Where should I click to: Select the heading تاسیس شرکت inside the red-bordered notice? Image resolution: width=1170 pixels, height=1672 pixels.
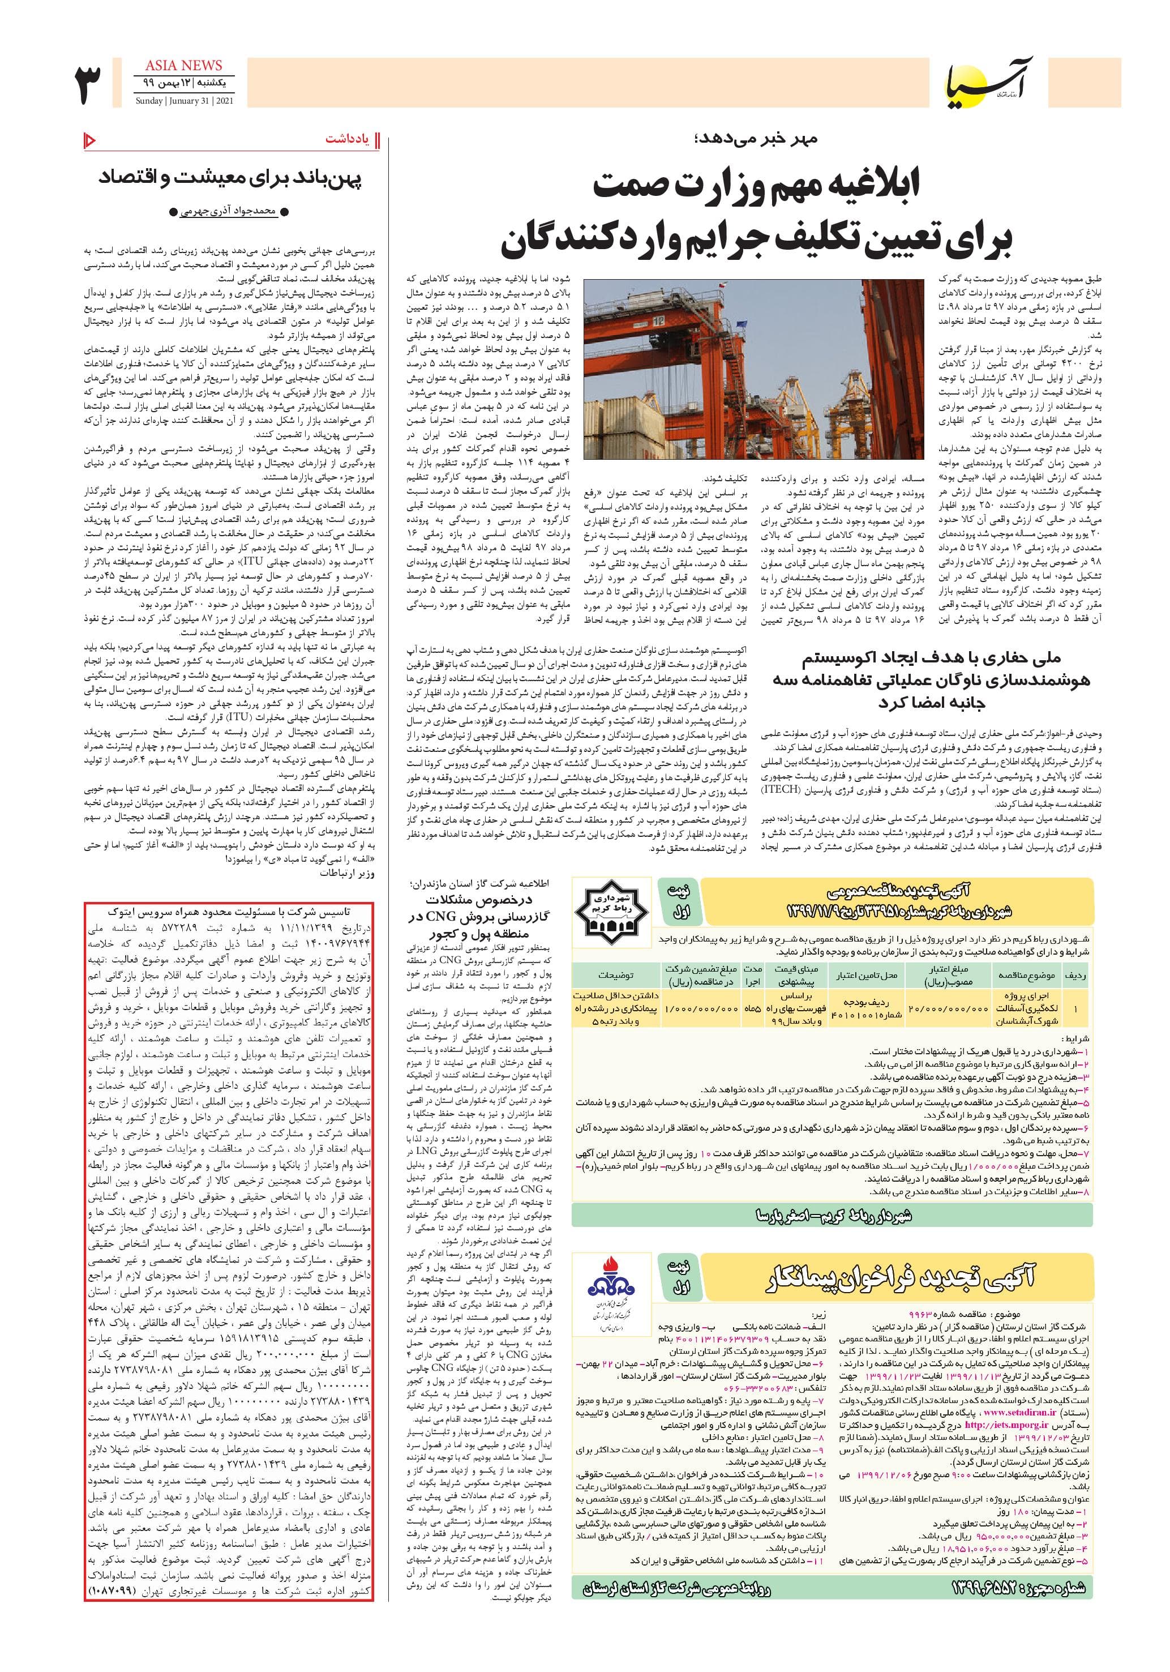pyautogui.click(x=229, y=911)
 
